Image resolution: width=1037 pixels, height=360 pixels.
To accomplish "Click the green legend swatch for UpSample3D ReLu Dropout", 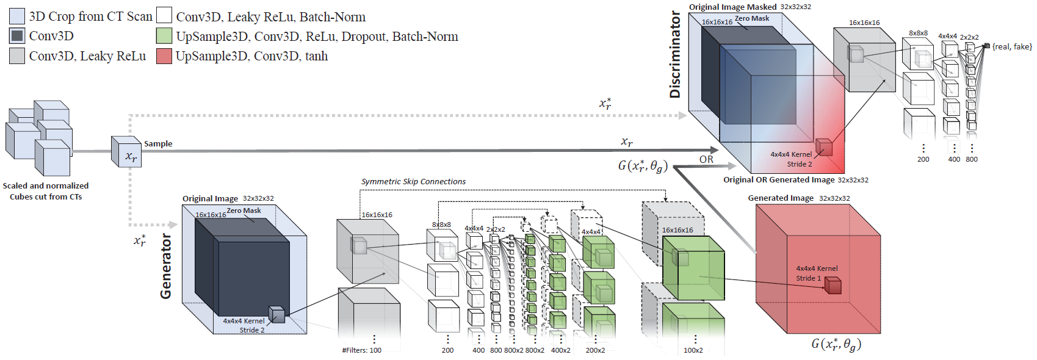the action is pos(164,36).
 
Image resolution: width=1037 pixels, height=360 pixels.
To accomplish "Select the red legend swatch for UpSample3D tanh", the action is pos(164,56).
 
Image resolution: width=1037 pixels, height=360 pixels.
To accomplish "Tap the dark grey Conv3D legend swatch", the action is pos(17,36).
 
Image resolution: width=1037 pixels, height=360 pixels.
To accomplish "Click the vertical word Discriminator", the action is pos(675,54).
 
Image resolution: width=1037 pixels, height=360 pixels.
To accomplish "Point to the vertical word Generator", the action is pos(166,266).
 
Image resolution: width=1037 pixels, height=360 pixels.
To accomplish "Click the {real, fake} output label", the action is pos(1012,46).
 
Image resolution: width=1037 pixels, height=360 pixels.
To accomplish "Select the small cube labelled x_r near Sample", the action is pos(126,151).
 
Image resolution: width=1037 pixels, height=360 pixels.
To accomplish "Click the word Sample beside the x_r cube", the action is pos(158,144).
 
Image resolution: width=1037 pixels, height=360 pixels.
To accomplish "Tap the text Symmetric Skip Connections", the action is pos(413,181).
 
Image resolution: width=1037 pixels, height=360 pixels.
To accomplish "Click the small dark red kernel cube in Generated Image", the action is pos(833,285).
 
